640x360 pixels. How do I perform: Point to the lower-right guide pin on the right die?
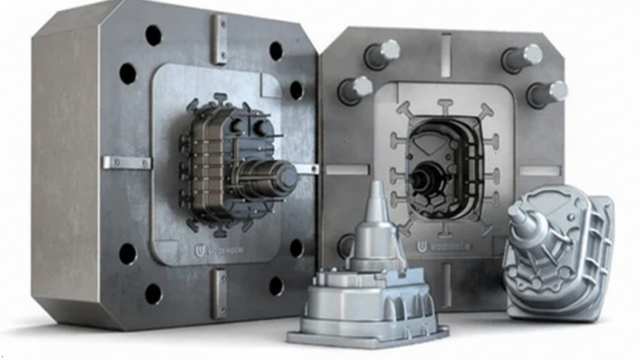pos(548,93)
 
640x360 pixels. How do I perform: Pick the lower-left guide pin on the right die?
pos(356,90)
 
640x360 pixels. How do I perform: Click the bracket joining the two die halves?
pos(307,169)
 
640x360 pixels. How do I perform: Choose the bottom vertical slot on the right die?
pos(446,284)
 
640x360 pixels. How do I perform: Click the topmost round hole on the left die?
pos(153,35)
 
